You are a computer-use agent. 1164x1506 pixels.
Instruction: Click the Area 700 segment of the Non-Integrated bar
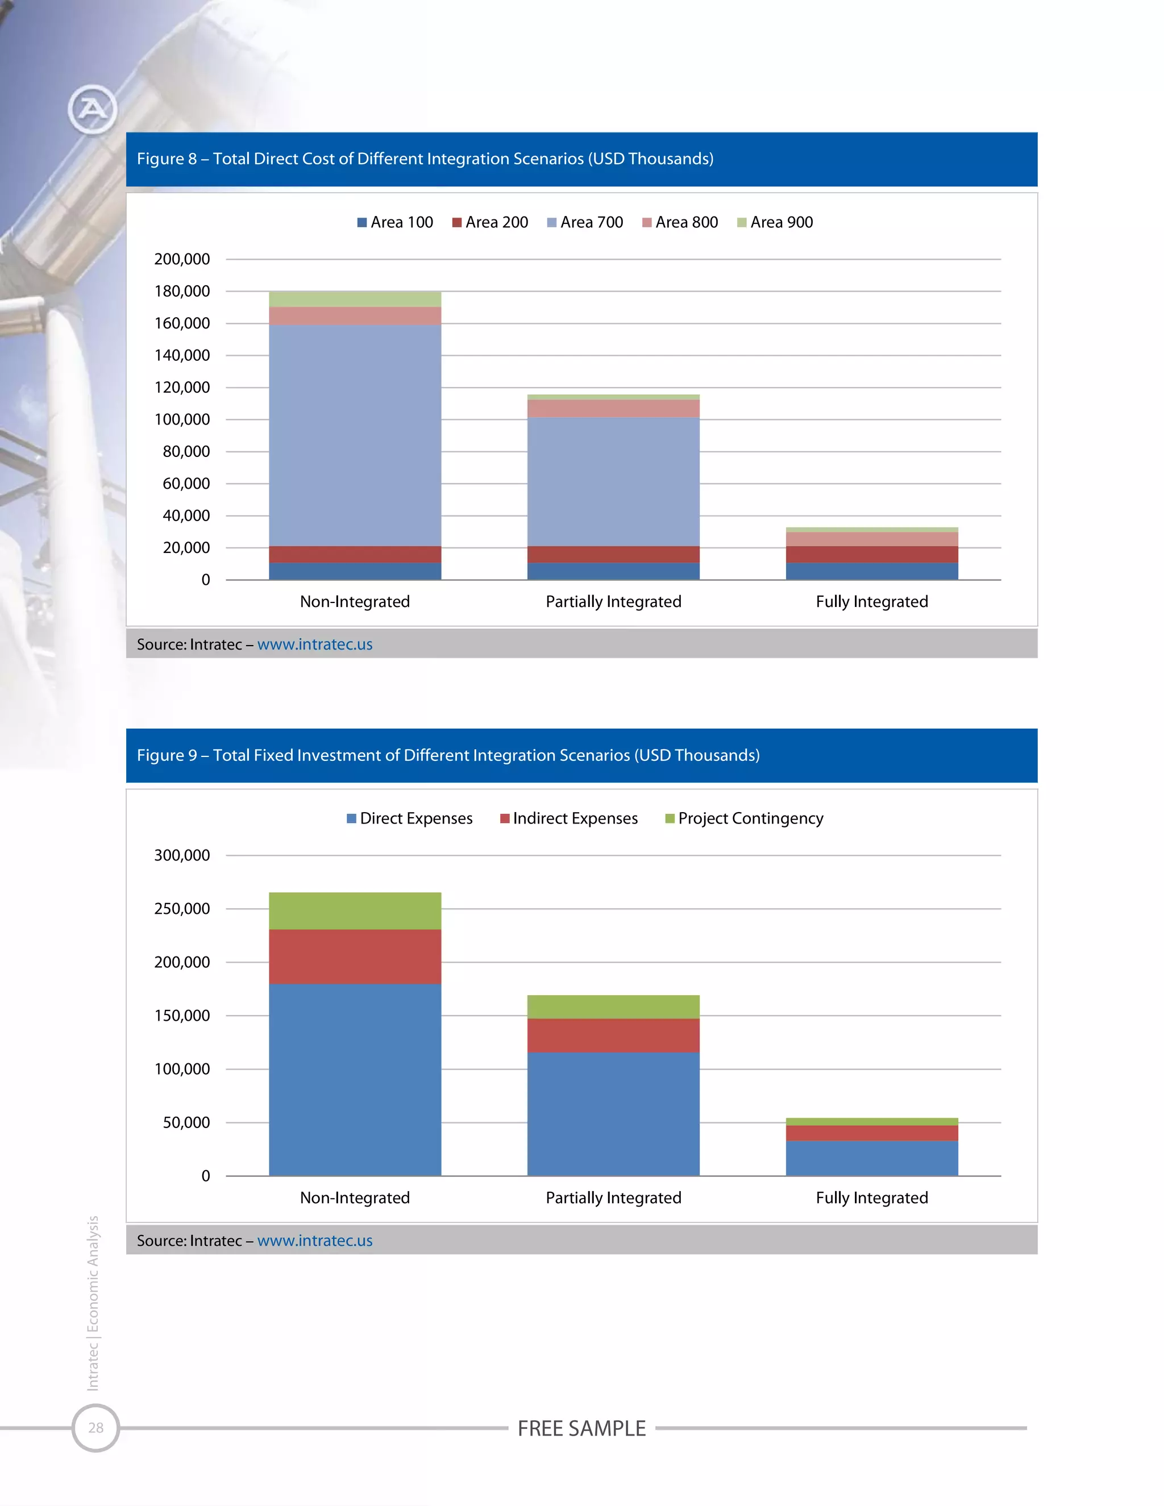tap(355, 434)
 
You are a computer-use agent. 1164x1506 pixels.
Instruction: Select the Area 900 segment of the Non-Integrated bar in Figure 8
tap(355, 298)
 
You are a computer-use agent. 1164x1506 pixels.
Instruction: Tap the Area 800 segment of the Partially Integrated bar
tap(613, 408)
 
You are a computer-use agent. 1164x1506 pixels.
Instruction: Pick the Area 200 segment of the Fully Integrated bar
tap(872, 555)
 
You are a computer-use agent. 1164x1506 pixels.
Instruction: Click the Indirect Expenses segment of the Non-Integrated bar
tap(355, 956)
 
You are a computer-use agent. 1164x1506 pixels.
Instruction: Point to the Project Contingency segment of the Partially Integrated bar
tap(613, 1007)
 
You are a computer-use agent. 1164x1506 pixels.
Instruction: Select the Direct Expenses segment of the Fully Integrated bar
tap(872, 1158)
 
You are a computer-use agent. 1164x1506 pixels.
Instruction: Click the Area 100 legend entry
tap(395, 222)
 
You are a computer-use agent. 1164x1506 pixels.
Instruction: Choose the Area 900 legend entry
tap(775, 222)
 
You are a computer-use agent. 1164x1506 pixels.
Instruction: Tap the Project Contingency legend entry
tap(744, 818)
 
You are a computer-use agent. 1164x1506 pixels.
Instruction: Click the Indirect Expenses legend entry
tap(569, 818)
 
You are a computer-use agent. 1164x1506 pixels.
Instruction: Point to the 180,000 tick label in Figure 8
tap(182, 291)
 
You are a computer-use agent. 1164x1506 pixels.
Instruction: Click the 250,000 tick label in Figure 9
tap(182, 909)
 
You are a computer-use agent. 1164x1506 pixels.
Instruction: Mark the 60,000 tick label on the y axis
tap(186, 484)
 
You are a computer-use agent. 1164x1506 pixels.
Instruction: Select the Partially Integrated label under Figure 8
tap(613, 601)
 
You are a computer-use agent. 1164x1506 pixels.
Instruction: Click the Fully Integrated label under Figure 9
tap(872, 1198)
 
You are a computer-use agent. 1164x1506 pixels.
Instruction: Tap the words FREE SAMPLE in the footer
tap(581, 1428)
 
